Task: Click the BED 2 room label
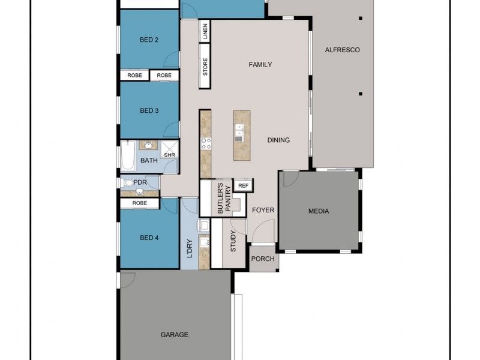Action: coord(149,40)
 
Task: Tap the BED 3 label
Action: coord(149,110)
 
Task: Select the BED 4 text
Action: coord(149,238)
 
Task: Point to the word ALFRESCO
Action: coord(342,50)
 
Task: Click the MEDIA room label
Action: coord(319,211)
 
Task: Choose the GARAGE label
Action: coord(174,335)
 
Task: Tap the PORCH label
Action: coord(263,259)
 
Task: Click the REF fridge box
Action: coord(243,186)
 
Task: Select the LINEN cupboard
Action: coord(205,32)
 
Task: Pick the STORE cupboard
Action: coord(205,67)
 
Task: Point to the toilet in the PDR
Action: coord(127,182)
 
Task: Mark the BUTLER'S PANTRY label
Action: coord(223,198)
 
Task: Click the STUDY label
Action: coord(233,241)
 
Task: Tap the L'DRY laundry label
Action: coord(190,248)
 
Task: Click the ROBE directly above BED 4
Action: coord(140,203)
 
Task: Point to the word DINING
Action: coord(278,140)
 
